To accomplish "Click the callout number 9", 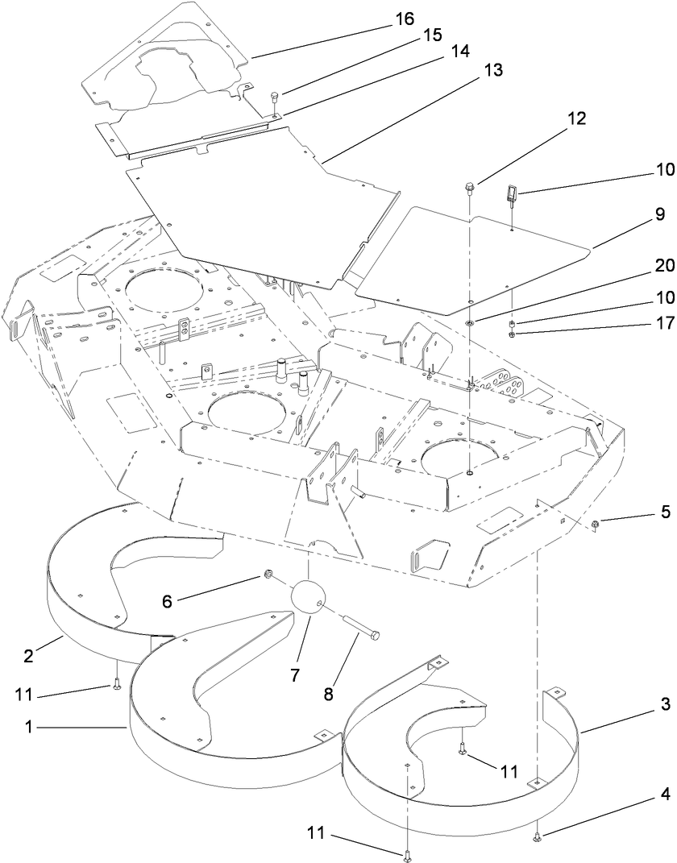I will point(659,214).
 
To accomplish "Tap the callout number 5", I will point(665,510).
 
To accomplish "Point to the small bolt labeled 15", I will point(275,99).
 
